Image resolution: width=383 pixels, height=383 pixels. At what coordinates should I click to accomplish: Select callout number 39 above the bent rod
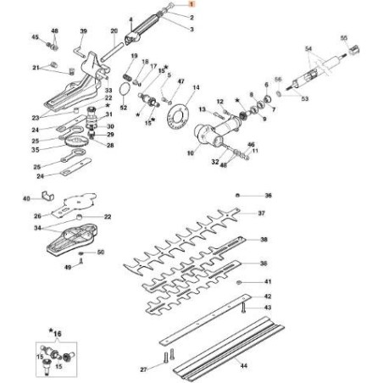pyautogui.click(x=83, y=31)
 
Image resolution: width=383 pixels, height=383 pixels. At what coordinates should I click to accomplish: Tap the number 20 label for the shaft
pyautogui.click(x=114, y=31)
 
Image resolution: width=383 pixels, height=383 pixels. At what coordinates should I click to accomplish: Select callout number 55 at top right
pyautogui.click(x=343, y=39)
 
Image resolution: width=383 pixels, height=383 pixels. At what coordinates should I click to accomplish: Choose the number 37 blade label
pyautogui.click(x=263, y=214)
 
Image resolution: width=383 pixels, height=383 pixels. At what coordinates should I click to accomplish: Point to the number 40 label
pyautogui.click(x=26, y=199)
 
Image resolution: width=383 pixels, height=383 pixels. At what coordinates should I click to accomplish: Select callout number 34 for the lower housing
pyautogui.click(x=36, y=228)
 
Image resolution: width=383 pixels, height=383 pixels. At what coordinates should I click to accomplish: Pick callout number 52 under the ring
pyautogui.click(x=124, y=108)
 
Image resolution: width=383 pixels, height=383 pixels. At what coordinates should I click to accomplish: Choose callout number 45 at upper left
pyautogui.click(x=35, y=38)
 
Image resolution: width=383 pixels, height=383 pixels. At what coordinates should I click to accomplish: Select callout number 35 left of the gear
pyautogui.click(x=36, y=147)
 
